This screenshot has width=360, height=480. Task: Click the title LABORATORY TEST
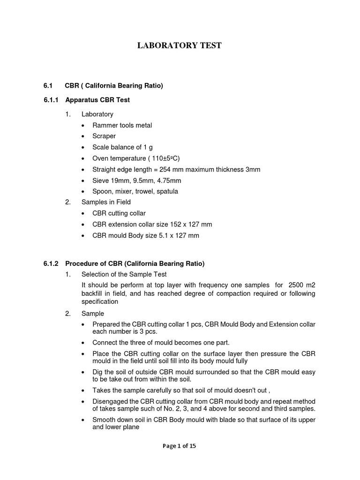point(179,45)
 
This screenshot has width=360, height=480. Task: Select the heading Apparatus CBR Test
point(97,100)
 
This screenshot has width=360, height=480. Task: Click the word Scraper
point(104,136)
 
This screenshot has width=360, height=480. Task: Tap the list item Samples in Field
point(106,202)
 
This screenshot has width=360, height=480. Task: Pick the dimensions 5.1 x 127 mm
point(176,235)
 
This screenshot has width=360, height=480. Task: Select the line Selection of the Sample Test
point(124,274)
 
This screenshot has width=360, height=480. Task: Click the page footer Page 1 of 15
point(179,446)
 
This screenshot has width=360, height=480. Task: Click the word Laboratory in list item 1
point(97,114)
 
